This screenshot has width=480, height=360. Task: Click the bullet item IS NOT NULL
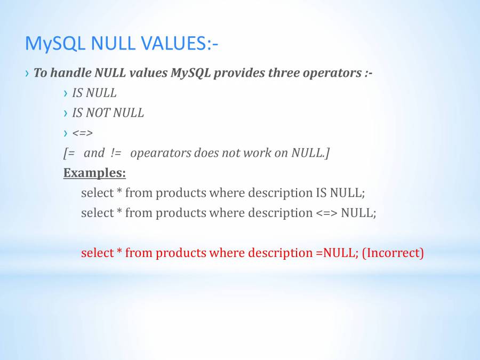click(108, 113)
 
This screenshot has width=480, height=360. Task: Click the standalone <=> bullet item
click(82, 133)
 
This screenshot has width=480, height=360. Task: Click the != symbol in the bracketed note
click(117, 153)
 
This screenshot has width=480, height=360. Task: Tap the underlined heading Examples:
click(94, 173)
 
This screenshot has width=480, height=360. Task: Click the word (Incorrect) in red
click(393, 253)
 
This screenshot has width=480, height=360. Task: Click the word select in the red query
click(97, 253)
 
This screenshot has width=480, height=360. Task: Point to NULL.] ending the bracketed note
click(310, 153)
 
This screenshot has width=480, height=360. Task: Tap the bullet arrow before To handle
click(27, 73)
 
